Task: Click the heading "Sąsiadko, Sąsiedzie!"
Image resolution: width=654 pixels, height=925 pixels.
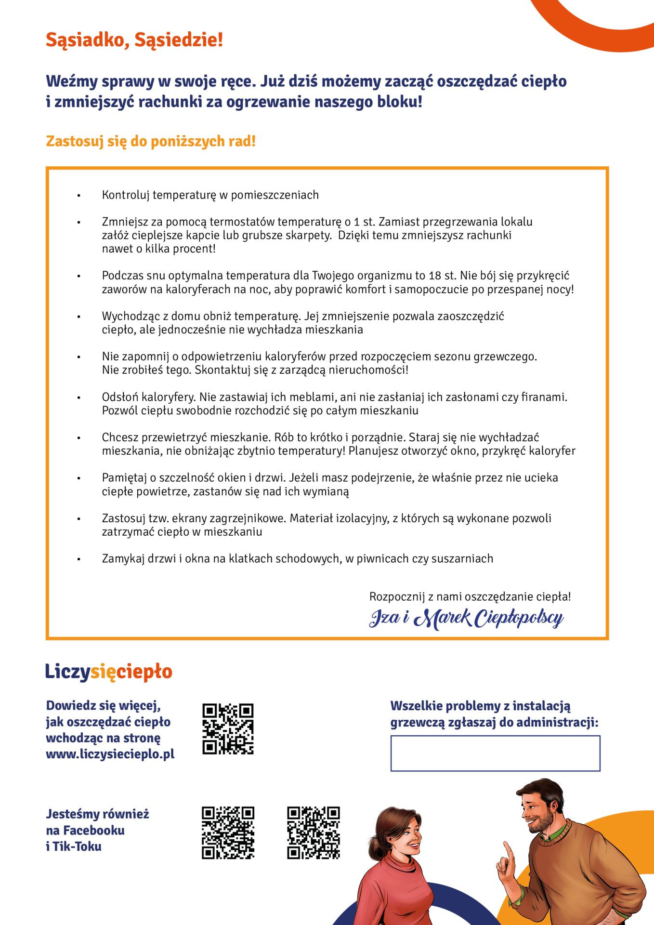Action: pyautogui.click(x=134, y=40)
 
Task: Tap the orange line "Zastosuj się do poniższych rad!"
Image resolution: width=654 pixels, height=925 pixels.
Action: pyautogui.click(x=150, y=141)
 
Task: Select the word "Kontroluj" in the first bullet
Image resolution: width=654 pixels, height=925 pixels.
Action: pyautogui.click(x=123, y=195)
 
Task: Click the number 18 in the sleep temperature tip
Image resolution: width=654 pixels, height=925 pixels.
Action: pyautogui.click(x=434, y=276)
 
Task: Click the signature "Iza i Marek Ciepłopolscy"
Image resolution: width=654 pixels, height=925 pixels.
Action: pyautogui.click(x=466, y=618)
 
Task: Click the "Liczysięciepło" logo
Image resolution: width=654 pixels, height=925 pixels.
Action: pyautogui.click(x=108, y=672)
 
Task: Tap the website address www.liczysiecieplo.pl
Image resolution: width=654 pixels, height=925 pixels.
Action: pyautogui.click(x=110, y=754)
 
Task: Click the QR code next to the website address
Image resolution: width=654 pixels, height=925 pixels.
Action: pyautogui.click(x=228, y=729)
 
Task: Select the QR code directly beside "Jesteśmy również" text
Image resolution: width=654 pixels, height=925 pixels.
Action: pyautogui.click(x=228, y=832)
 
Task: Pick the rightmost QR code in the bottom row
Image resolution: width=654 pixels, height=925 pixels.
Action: pyautogui.click(x=314, y=832)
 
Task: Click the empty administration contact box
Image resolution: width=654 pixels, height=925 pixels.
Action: pyautogui.click(x=495, y=753)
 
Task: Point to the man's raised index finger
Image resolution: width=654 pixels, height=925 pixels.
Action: pyautogui.click(x=506, y=850)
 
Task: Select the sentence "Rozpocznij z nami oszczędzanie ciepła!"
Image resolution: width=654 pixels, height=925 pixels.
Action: pyautogui.click(x=470, y=596)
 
